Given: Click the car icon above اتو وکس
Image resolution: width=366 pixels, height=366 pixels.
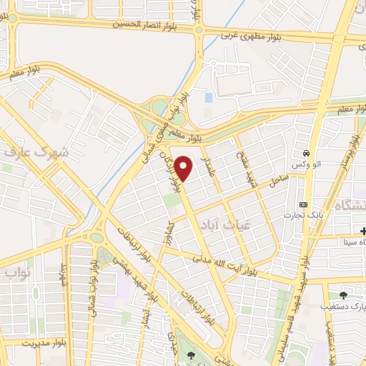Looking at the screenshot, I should pos(306,154).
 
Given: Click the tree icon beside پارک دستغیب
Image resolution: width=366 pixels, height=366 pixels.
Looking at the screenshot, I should pos(344,295).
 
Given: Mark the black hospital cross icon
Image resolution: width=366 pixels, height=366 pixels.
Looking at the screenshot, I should pos(363,230).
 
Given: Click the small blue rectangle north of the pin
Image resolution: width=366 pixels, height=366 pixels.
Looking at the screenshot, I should pos(208,97).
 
